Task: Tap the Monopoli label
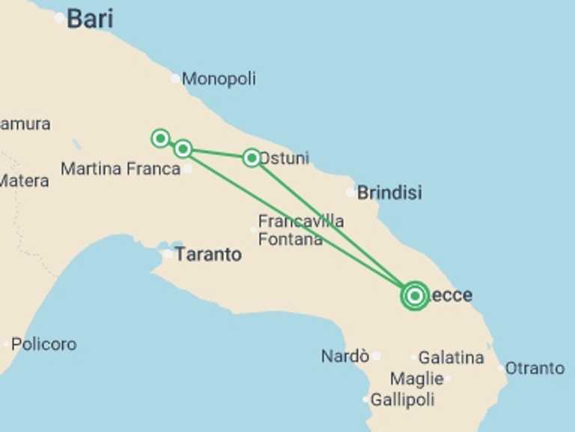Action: [219, 79]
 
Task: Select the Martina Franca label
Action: [120, 169]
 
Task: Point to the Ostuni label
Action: [285, 159]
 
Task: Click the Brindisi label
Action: [389, 193]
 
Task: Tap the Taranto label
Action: [208, 254]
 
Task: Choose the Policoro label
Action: [43, 344]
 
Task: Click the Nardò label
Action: [345, 356]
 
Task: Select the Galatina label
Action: [451, 358]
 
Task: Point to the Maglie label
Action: [417, 379]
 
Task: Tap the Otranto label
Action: [535, 368]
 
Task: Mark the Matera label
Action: [24, 181]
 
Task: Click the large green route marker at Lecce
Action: [414, 295]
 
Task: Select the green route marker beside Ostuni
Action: [252, 157]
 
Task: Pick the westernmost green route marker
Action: [160, 138]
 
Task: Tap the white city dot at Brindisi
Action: [350, 193]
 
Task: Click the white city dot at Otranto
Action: [501, 367]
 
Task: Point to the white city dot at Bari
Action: [59, 18]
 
